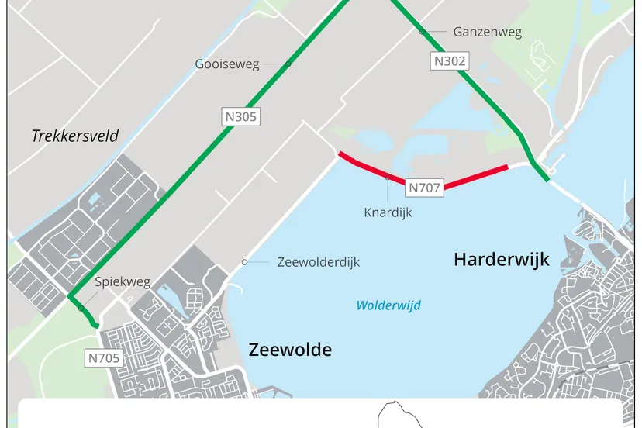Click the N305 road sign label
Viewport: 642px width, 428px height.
pyautogui.click(x=240, y=117)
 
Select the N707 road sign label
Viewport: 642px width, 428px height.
pyautogui.click(x=425, y=187)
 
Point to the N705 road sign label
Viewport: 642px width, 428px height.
pyautogui.click(x=102, y=357)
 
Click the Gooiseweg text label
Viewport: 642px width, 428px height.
pyautogui.click(x=227, y=64)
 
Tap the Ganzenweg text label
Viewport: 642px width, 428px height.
pyautogui.click(x=487, y=32)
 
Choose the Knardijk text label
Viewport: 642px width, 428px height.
pyautogui.click(x=388, y=212)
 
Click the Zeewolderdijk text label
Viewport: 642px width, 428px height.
pyautogui.click(x=319, y=262)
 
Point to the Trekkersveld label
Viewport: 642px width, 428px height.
pyautogui.click(x=75, y=136)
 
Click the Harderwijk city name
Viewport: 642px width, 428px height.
pyautogui.click(x=501, y=259)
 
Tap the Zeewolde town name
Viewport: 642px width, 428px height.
pyautogui.click(x=290, y=350)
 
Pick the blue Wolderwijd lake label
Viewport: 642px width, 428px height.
pyautogui.click(x=388, y=305)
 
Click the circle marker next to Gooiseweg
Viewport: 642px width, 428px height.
pyautogui.click(x=288, y=64)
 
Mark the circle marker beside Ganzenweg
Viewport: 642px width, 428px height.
pyautogui.click(x=422, y=32)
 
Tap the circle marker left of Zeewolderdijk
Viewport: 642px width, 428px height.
pyautogui.click(x=244, y=262)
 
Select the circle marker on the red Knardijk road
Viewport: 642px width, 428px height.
pyautogui.click(x=388, y=178)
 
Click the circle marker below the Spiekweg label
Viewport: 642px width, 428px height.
pyautogui.click(x=81, y=308)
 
